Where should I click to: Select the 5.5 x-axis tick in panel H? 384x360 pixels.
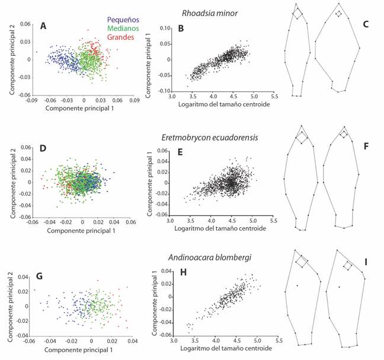click(x=279, y=340)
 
